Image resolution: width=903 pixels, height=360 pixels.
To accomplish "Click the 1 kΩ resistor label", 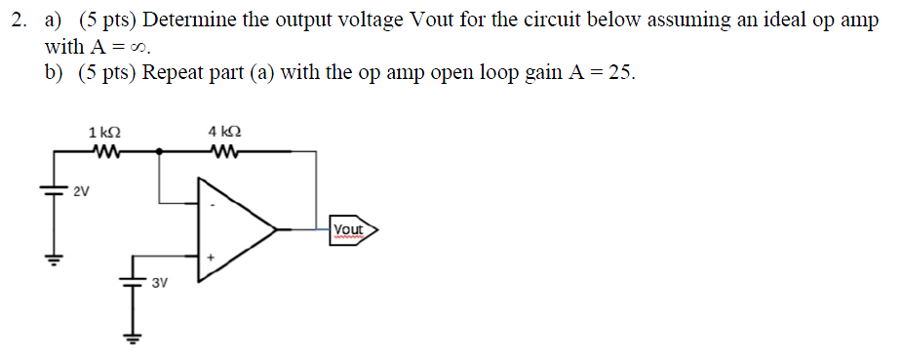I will tap(104, 132).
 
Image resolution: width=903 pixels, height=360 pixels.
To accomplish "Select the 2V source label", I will tap(82, 190).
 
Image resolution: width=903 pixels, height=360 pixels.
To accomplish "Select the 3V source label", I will tap(160, 283).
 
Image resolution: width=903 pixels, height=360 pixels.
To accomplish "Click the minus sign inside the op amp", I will tap(212, 205).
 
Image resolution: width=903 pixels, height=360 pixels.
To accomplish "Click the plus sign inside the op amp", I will tap(210, 259).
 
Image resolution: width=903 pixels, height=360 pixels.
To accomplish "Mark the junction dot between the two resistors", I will tap(160, 151).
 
